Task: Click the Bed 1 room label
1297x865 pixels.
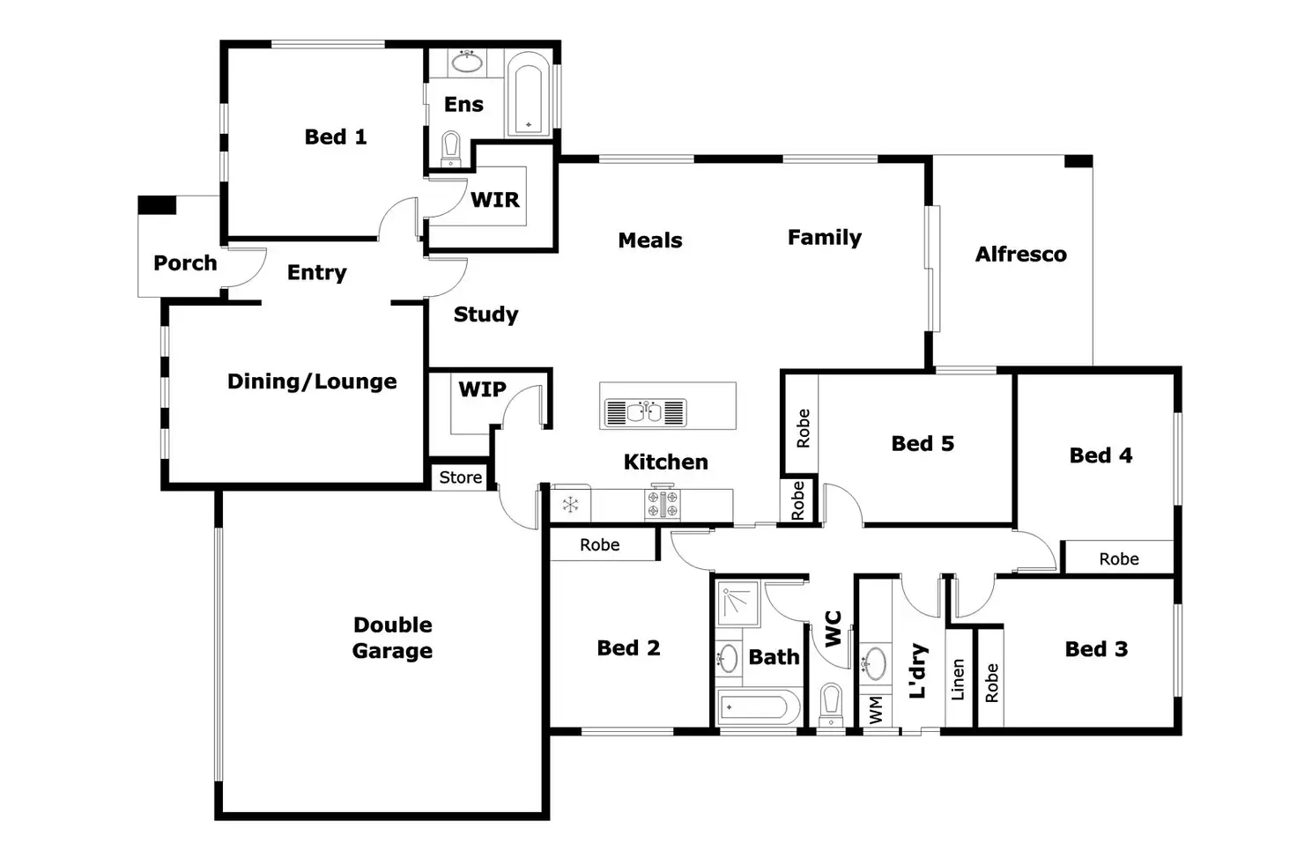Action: (x=336, y=137)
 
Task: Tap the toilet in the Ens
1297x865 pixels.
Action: (x=451, y=149)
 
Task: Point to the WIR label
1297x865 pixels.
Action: (x=495, y=200)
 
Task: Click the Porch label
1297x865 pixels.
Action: (x=185, y=263)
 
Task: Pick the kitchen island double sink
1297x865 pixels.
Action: (x=645, y=413)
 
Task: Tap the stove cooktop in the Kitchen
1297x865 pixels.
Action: (x=663, y=503)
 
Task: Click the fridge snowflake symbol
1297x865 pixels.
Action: (x=570, y=505)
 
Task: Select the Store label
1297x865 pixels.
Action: (x=460, y=477)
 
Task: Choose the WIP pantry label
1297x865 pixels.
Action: (x=482, y=389)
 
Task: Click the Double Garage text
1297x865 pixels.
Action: (x=393, y=638)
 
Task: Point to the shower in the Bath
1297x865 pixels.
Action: (x=738, y=603)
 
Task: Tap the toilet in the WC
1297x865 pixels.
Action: (x=832, y=704)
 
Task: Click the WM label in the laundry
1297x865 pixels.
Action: (x=876, y=710)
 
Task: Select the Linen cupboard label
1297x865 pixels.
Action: (x=959, y=680)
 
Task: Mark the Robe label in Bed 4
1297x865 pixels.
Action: (x=1119, y=558)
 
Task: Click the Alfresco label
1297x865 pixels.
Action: (x=1021, y=255)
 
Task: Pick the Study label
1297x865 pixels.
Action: (x=485, y=314)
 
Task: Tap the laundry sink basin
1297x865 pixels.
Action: (x=874, y=663)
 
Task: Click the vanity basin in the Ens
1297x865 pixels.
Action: (x=467, y=62)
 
